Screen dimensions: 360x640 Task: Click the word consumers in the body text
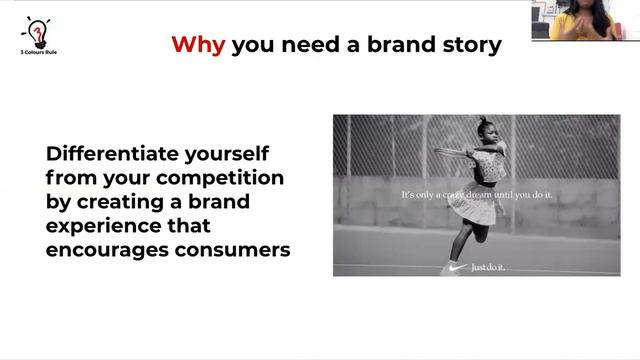tap(231, 249)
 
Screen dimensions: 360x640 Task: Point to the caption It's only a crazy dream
tap(476, 194)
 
